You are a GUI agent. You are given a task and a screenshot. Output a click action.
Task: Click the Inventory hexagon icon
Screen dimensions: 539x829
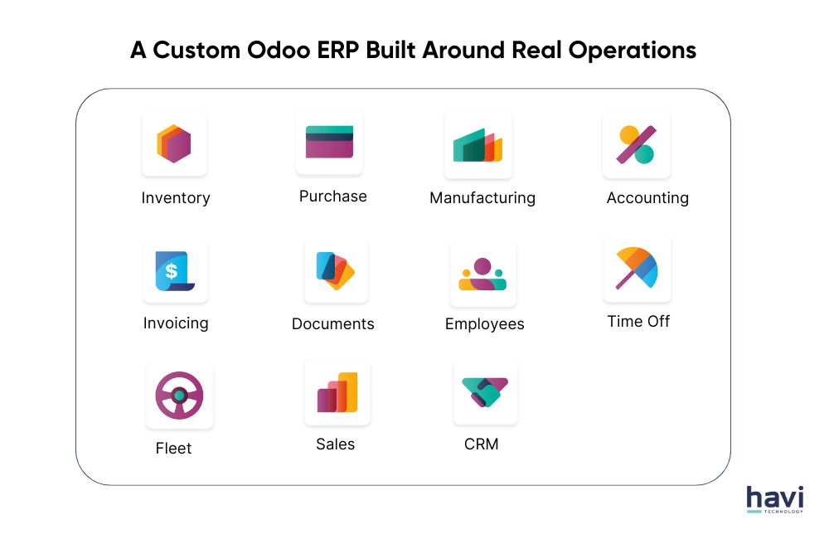(174, 143)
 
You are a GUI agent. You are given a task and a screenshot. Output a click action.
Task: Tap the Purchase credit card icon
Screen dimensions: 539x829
(329, 142)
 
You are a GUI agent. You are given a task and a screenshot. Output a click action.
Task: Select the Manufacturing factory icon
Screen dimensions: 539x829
(478, 145)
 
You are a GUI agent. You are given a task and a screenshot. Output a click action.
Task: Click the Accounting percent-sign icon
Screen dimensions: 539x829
(636, 144)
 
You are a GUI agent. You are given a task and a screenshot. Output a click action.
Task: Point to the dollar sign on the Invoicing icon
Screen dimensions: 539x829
(171, 270)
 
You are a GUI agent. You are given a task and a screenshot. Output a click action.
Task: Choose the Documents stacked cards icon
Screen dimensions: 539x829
(336, 270)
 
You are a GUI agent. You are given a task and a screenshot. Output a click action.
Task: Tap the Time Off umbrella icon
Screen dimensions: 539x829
(637, 268)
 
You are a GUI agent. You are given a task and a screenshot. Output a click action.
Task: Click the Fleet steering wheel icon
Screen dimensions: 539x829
(179, 395)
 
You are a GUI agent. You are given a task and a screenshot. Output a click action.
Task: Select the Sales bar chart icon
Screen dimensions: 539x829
(337, 392)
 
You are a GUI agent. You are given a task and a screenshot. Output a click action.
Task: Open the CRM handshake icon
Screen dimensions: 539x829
(486, 391)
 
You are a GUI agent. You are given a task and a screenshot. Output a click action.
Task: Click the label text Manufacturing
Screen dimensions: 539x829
(482, 198)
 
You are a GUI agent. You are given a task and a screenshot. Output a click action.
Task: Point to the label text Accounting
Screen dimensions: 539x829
(647, 198)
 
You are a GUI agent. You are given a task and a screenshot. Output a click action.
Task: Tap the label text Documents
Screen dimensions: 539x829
(333, 324)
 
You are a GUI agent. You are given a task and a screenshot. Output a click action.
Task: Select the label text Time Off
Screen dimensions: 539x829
(638, 321)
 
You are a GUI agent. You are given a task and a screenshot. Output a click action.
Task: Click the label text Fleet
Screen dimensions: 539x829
(173, 449)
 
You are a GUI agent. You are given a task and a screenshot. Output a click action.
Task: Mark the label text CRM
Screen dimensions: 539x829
(482, 444)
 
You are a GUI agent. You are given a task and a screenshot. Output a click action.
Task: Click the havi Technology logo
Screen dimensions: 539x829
(774, 500)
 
